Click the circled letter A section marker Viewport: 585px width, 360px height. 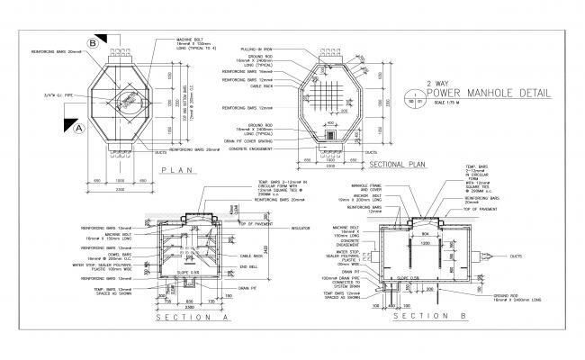(x=78, y=128)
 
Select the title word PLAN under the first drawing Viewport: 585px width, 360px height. (x=178, y=169)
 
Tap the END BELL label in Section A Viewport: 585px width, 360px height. (x=251, y=266)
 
